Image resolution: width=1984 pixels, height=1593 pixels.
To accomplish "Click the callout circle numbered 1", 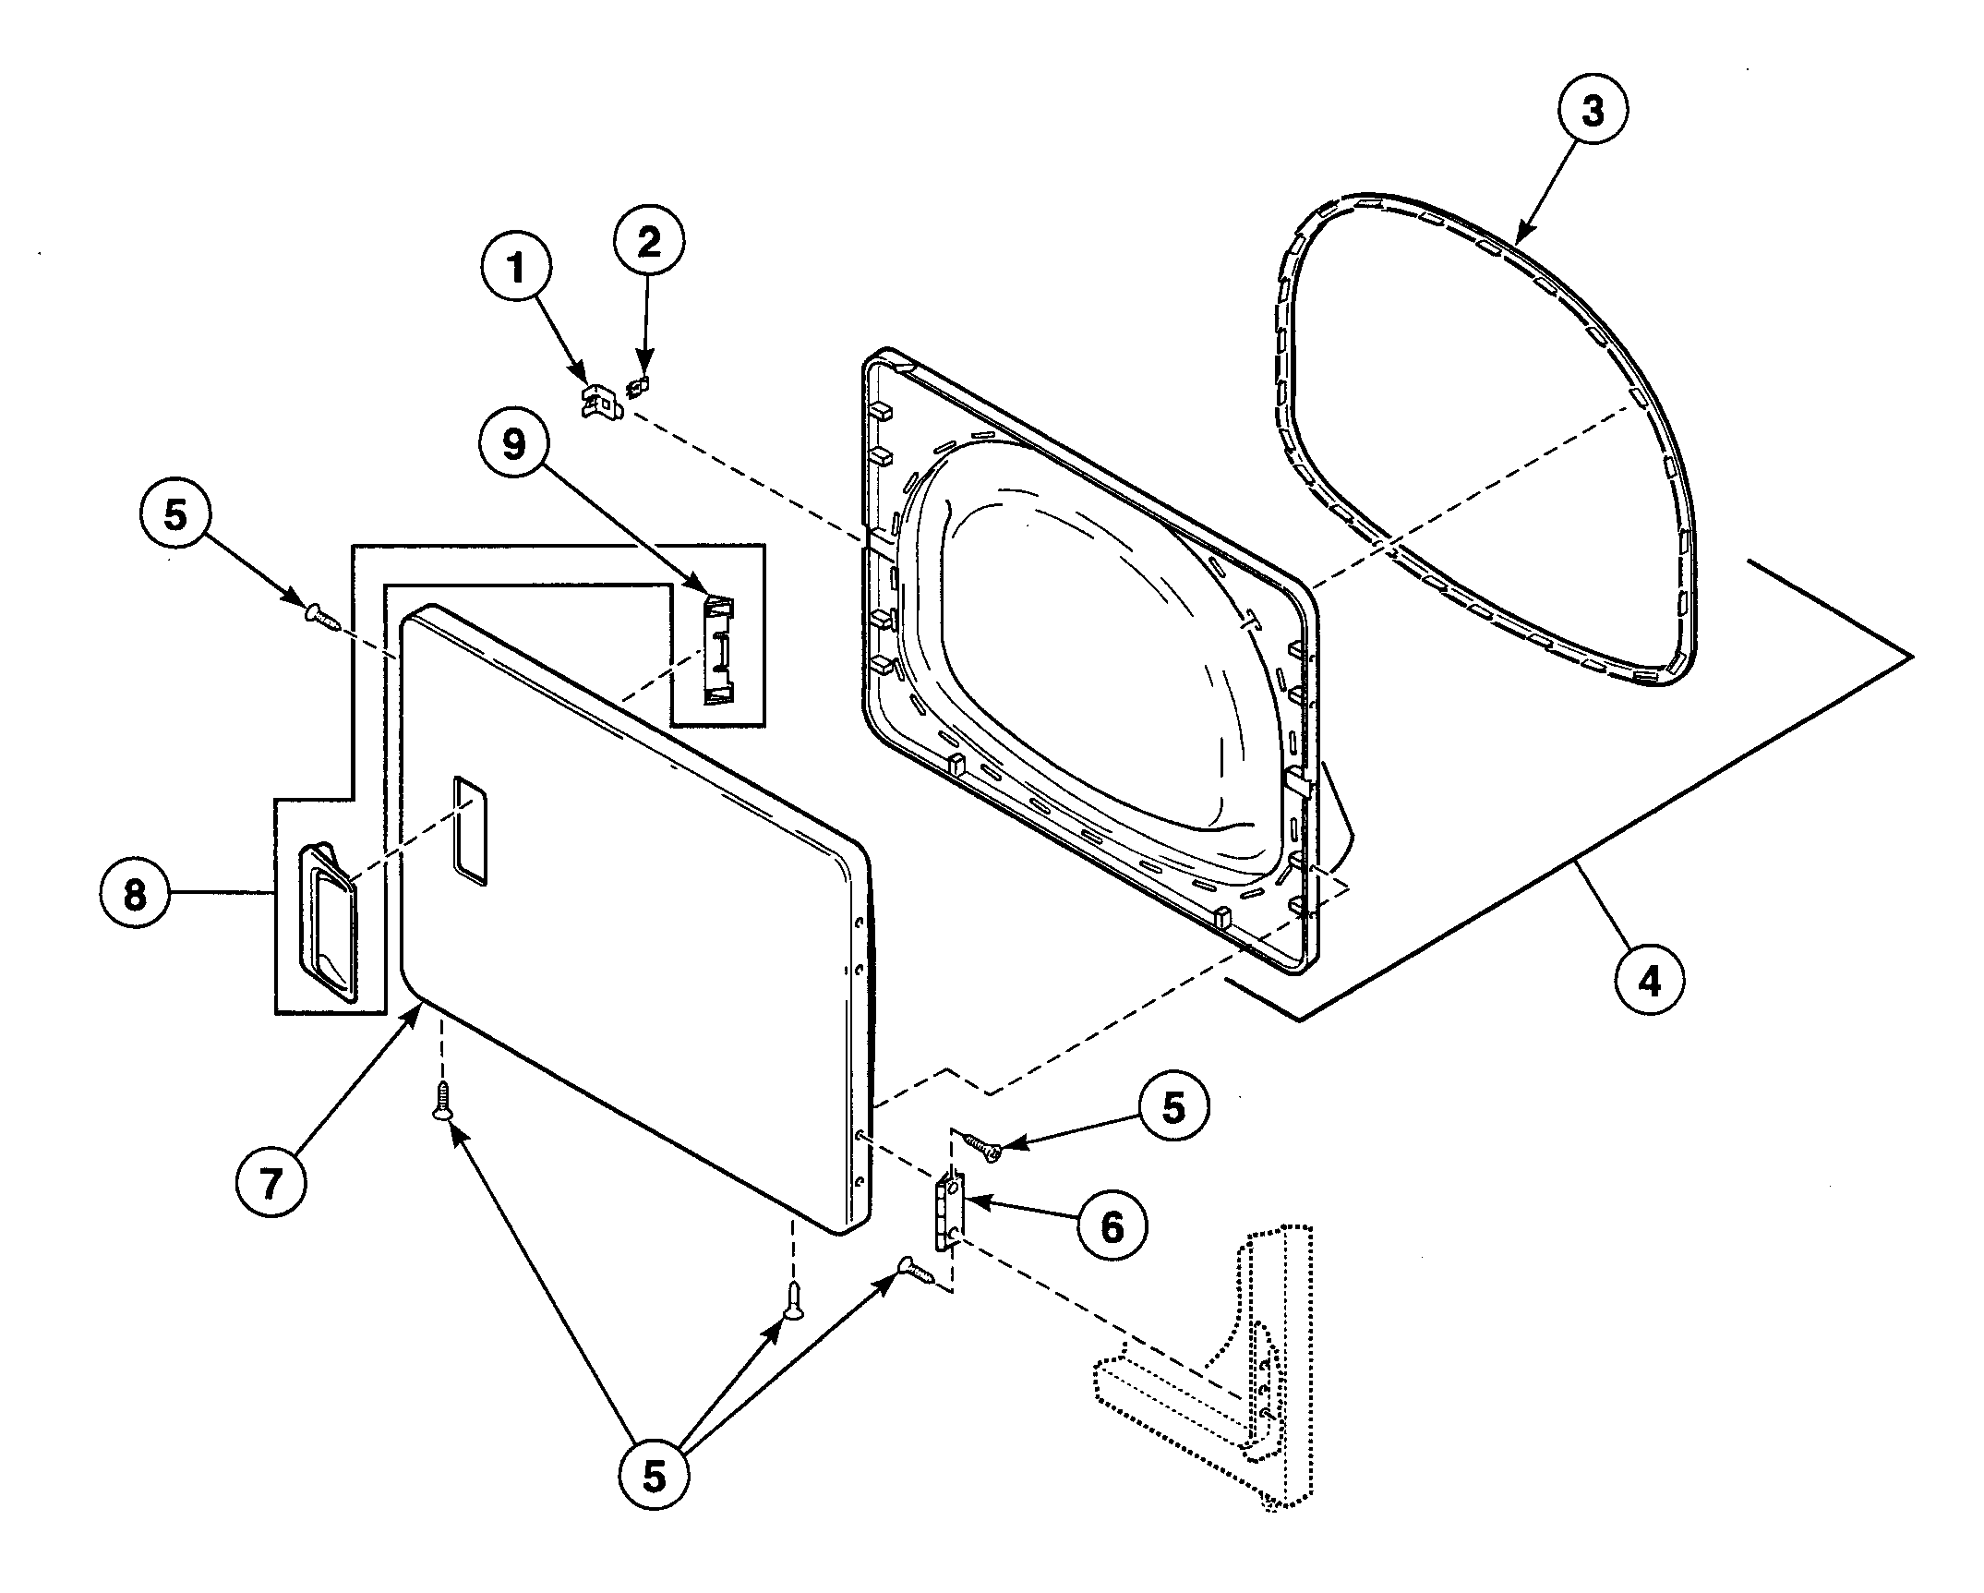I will point(516,269).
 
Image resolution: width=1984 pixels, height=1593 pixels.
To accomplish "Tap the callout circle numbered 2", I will point(649,242).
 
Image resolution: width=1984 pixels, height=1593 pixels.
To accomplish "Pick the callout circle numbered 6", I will point(1112,1226).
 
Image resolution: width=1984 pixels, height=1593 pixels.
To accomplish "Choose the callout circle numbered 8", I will point(135,895).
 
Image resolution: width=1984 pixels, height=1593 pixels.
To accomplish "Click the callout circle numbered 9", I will point(514,444).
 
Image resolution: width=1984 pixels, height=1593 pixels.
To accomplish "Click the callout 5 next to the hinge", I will point(1172,1107).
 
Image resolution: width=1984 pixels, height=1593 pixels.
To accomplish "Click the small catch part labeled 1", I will point(601,404).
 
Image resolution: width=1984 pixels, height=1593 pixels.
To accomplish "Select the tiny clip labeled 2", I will point(637,387).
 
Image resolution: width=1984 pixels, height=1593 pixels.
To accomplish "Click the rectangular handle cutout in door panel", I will point(471,831).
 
